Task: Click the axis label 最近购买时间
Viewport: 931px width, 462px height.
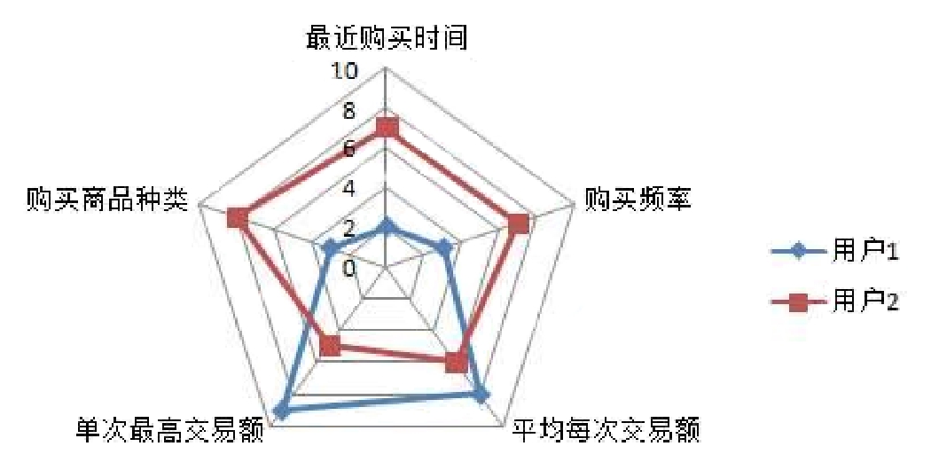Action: (x=386, y=38)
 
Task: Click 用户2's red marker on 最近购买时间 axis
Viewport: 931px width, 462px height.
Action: (x=386, y=128)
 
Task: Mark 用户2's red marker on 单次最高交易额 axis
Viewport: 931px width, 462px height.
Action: (x=330, y=345)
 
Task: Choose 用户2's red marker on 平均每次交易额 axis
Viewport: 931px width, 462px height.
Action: (x=456, y=362)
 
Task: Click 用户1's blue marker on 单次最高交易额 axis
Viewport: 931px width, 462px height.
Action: (x=282, y=410)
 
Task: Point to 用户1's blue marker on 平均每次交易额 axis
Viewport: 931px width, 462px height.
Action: (x=480, y=395)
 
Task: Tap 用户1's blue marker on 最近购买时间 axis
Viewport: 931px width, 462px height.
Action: (x=386, y=227)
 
